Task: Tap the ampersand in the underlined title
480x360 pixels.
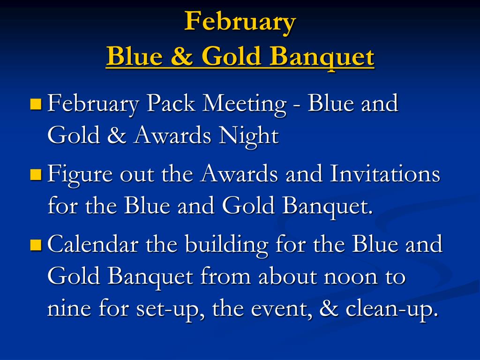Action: coord(182,56)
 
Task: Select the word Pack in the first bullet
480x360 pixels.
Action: coord(171,103)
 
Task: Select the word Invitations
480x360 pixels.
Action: coord(385,173)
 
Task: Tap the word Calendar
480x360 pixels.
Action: coord(93,244)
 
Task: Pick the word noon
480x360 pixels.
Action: coord(351,277)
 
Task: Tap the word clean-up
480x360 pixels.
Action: coord(390,309)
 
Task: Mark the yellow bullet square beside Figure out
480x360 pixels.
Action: coord(36,174)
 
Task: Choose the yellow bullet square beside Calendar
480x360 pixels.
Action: coord(36,245)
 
